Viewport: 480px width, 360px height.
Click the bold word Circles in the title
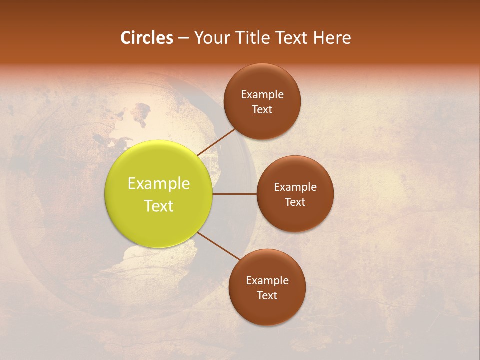point(147,38)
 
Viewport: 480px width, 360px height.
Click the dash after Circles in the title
point(183,38)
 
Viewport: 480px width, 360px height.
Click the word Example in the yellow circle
point(159,184)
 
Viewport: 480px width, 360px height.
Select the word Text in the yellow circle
point(159,206)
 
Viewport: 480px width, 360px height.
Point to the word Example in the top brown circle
point(262,94)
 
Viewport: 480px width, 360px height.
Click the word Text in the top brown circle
point(262,109)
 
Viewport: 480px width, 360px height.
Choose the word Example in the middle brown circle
point(295,187)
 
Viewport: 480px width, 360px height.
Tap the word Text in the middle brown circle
point(295,202)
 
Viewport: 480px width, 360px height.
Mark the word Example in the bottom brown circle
point(267,280)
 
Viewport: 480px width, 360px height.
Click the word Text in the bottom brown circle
point(267,295)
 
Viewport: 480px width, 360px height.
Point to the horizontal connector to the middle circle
point(235,194)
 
